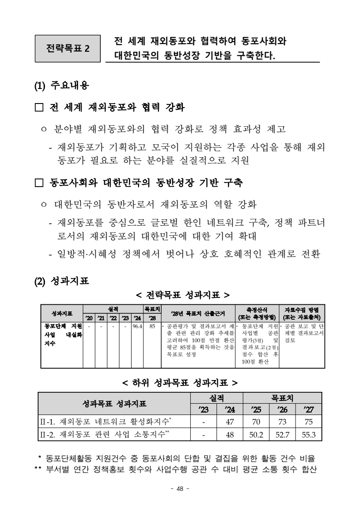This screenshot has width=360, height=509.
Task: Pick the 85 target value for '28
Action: pyautogui.click(x=152, y=326)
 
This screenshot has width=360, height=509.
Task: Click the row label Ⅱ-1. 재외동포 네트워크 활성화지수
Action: pyautogui.click(x=104, y=421)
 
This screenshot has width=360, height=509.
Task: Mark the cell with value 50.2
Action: pyautogui.click(x=256, y=435)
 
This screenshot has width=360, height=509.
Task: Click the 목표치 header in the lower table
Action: pyautogui.click(x=282, y=398)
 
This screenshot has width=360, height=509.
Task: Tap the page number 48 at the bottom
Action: pyautogui.click(x=180, y=489)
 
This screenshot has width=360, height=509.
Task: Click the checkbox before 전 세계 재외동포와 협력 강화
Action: pyautogui.click(x=39, y=109)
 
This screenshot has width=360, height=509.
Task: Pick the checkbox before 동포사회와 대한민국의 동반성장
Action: pyautogui.click(x=39, y=183)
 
